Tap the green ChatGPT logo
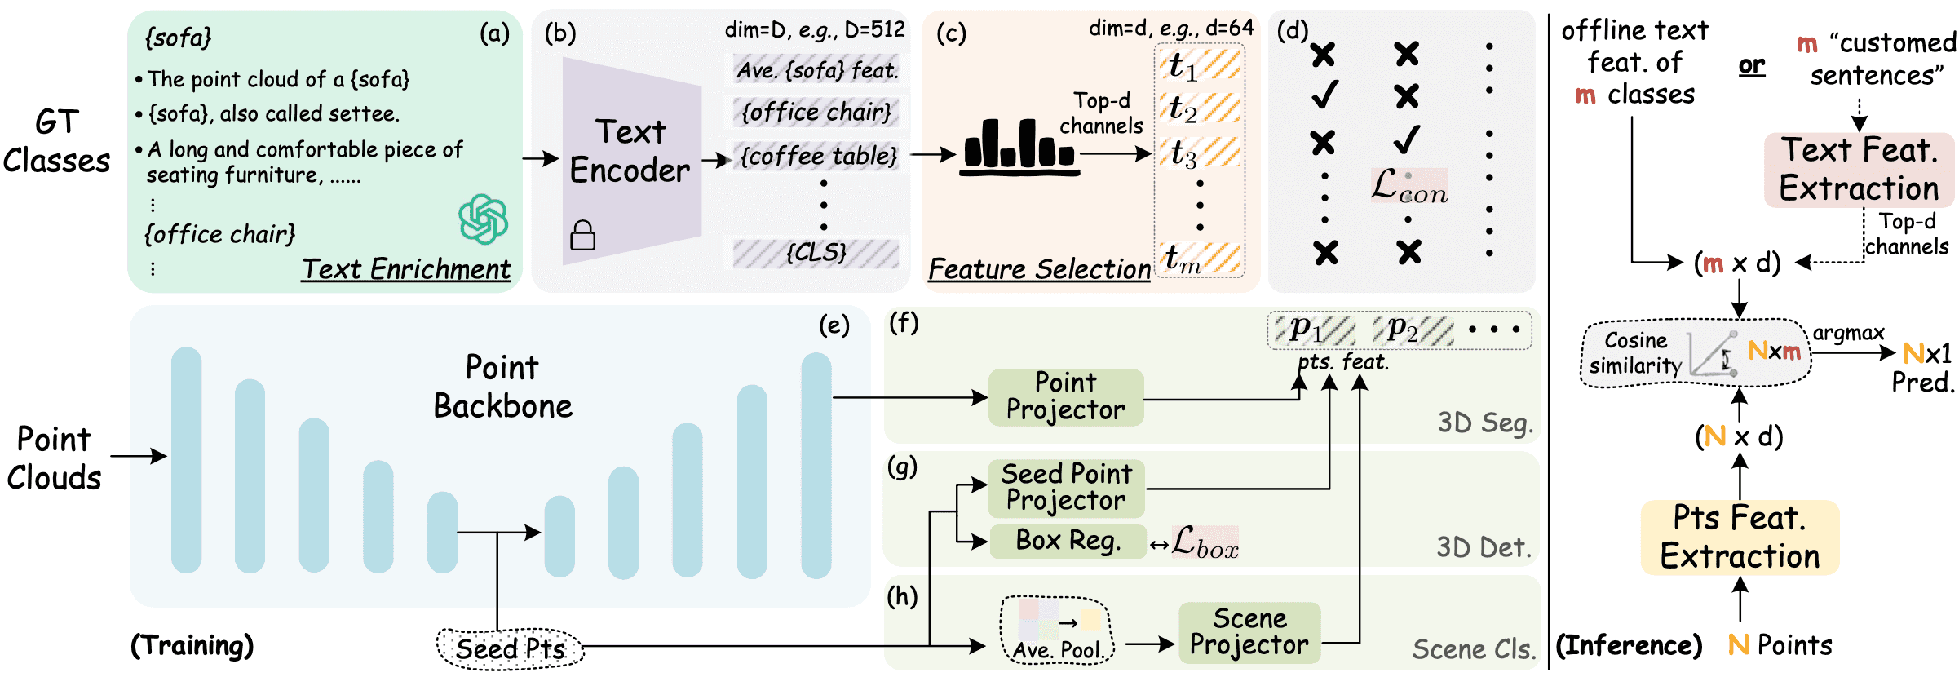click(483, 219)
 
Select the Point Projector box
click(1065, 396)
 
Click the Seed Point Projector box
click(1066, 487)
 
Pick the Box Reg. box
click(1068, 541)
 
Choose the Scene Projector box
click(1249, 631)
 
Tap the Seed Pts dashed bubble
click(511, 648)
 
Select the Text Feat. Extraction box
click(1859, 170)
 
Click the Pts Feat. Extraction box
click(1740, 538)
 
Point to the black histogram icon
click(1019, 148)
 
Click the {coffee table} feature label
click(818, 155)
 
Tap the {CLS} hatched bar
click(816, 253)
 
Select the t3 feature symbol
click(1183, 153)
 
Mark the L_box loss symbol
click(1205, 542)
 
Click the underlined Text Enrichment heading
click(405, 269)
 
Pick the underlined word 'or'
click(1751, 65)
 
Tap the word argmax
click(1848, 333)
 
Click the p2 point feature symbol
click(1402, 329)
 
